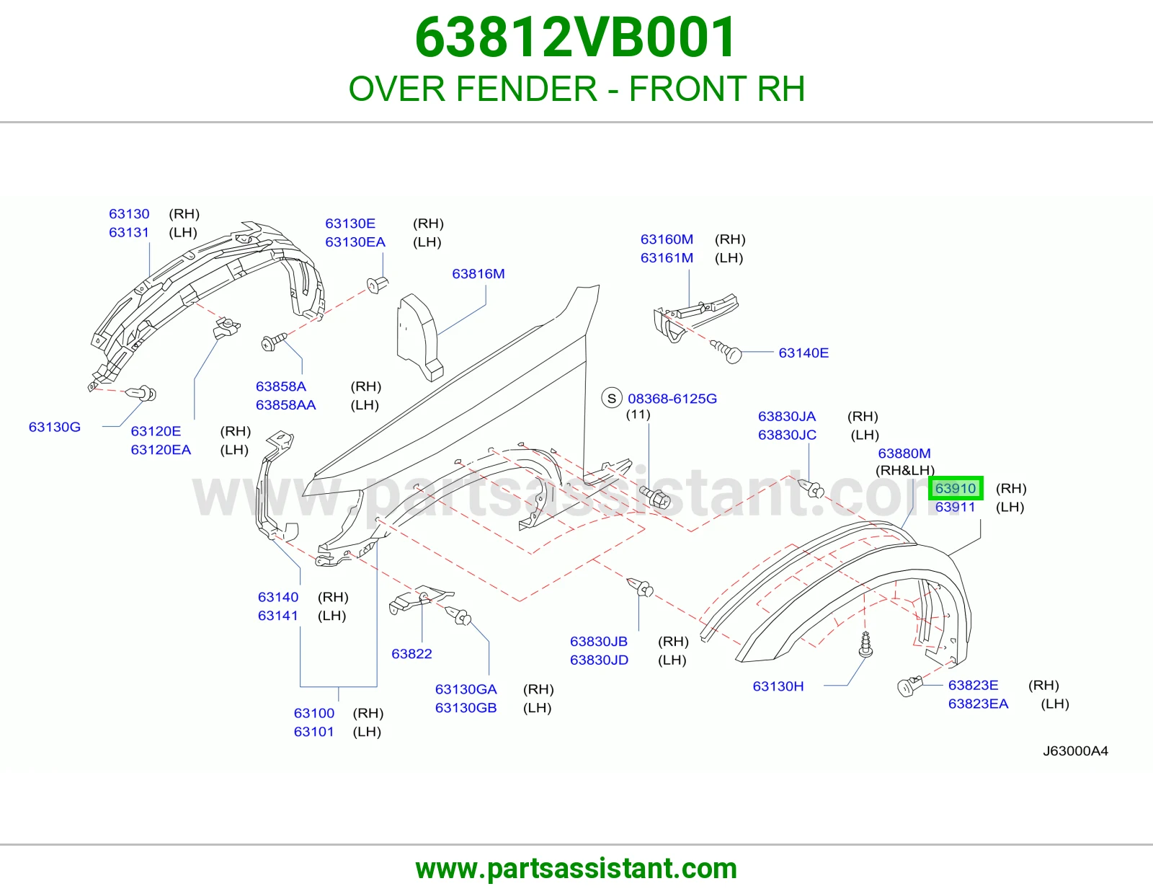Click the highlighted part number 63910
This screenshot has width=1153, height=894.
click(955, 488)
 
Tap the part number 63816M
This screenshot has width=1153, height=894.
click(478, 274)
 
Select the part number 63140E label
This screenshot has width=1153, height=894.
click(803, 353)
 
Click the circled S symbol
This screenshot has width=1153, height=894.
click(612, 398)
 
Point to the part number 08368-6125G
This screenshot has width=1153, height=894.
click(672, 399)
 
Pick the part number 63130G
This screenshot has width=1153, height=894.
click(55, 428)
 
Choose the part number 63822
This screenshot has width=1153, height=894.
click(411, 654)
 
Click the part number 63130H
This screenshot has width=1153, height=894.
click(778, 686)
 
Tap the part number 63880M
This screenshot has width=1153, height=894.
click(904, 453)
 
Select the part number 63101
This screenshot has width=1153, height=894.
click(314, 732)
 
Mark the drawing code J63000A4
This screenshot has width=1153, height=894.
click(1075, 751)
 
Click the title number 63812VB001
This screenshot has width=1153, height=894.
click(575, 37)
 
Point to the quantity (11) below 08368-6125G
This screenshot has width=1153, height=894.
click(638, 415)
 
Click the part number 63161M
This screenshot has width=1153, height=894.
click(667, 258)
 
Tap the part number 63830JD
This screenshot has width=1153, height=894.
click(599, 660)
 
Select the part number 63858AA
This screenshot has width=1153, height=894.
click(285, 405)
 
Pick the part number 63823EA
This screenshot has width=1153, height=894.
click(978, 704)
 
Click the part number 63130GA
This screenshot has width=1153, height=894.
click(466, 690)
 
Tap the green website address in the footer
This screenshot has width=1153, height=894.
click(576, 869)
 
